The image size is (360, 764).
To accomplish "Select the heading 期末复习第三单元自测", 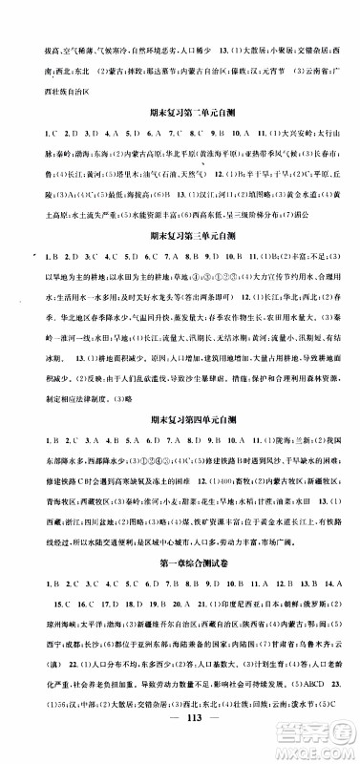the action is click(180, 259).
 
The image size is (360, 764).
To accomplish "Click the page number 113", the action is click(180, 744).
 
